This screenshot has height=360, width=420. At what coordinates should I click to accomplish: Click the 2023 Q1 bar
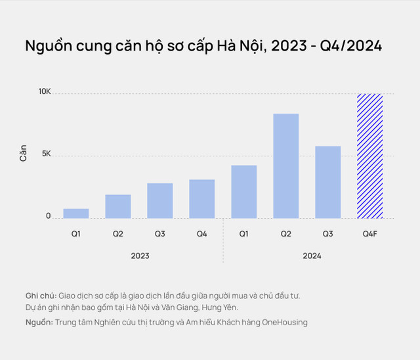click(76, 214)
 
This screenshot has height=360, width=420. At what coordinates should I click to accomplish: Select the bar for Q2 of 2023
click(118, 206)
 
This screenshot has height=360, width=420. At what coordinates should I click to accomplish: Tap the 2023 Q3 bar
click(160, 200)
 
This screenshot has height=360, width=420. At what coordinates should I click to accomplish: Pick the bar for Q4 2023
click(201, 198)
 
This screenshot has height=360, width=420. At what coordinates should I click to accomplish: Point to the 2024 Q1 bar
click(243, 192)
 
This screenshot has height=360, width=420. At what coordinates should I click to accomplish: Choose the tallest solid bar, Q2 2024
click(285, 166)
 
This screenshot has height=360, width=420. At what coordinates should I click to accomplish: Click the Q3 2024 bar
click(327, 182)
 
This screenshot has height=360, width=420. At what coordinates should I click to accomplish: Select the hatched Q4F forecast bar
click(369, 156)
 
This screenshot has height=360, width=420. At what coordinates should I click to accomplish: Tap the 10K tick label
click(44, 93)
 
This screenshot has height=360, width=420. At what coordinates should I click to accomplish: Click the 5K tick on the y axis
click(45, 155)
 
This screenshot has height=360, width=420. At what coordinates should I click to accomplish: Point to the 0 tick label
click(48, 216)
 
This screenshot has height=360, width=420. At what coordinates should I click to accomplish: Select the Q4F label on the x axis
click(369, 234)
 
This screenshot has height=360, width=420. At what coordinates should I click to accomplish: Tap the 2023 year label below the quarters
click(139, 256)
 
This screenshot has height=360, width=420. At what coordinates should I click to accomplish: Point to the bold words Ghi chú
click(41, 296)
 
